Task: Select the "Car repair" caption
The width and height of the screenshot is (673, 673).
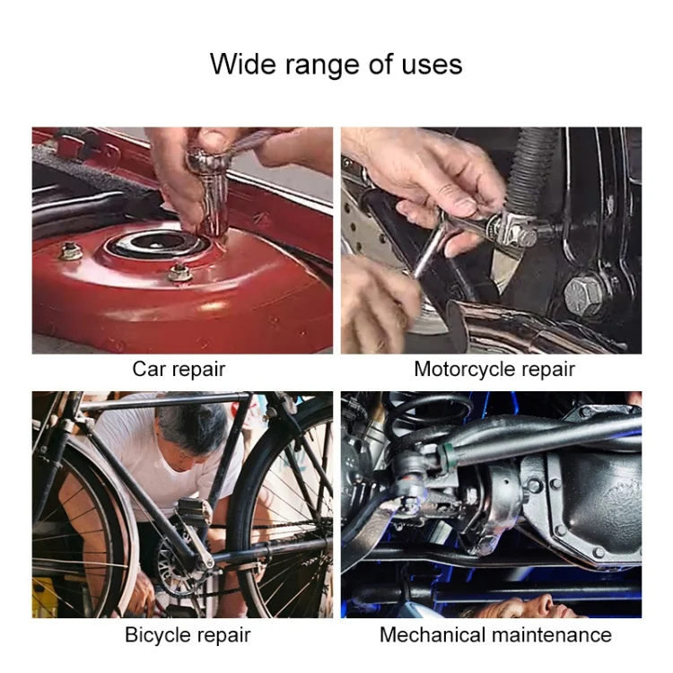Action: (x=179, y=370)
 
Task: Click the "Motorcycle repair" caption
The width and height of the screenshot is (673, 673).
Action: (x=494, y=370)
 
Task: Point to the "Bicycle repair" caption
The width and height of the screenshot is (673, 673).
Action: (x=188, y=635)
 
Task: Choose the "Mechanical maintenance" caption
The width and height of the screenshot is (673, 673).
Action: (x=495, y=634)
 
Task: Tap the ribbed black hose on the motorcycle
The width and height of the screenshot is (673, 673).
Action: (x=532, y=171)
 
